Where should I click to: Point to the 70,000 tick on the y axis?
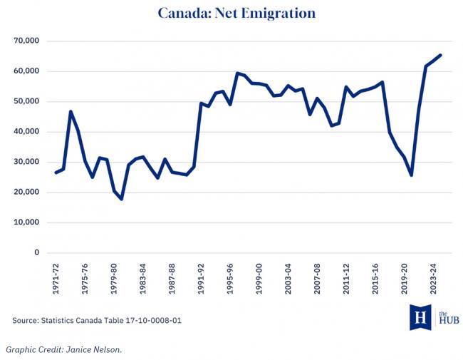tap(26, 41)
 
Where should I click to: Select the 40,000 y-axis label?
tap(26, 132)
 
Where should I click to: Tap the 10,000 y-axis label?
tap(26, 222)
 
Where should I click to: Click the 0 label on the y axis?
tap(36, 252)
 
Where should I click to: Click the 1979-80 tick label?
tap(115, 276)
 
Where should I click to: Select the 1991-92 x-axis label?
tap(201, 276)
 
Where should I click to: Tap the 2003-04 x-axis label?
tap(288, 276)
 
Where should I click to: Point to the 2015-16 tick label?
tap(374, 276)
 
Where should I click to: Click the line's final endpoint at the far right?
tap(439, 56)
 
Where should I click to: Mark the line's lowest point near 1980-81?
tap(122, 199)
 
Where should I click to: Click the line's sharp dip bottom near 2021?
tap(411, 175)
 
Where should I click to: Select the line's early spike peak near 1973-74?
tap(71, 112)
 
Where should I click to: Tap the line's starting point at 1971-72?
tap(56, 173)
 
